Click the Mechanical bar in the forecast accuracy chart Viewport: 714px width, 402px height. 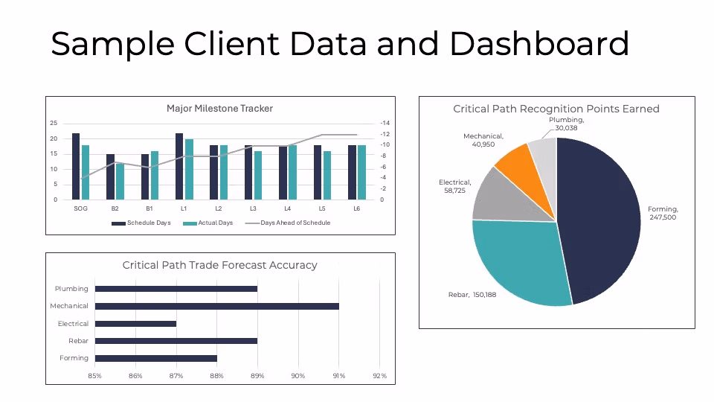216,306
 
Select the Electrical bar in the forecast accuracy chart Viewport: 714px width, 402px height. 135,324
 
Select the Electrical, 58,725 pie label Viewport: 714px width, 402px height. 455,187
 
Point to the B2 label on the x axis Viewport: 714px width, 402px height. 115,208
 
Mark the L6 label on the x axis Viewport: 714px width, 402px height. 357,208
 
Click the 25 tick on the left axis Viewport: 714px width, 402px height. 54,123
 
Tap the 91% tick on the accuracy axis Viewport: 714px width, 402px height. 339,376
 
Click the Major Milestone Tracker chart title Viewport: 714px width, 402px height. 219,109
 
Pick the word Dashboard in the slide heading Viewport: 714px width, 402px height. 539,44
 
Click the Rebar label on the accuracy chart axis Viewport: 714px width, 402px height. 78,341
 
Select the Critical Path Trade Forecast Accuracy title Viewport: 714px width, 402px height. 219,265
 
